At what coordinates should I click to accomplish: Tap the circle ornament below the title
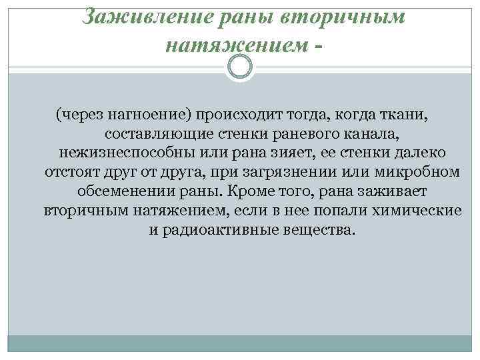click(x=240, y=67)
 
